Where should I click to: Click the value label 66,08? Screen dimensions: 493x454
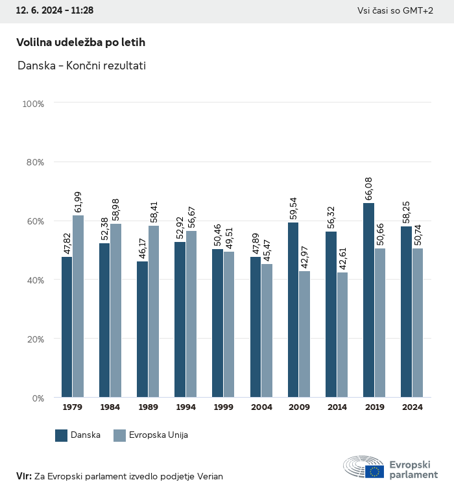click(x=368, y=188)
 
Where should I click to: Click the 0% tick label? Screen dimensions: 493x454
click(x=37, y=398)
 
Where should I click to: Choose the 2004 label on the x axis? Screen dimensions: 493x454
click(x=261, y=407)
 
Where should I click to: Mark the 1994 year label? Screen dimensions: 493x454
click(x=186, y=407)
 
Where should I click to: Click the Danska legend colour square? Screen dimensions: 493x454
click(x=62, y=435)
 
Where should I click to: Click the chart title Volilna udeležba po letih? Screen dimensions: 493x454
click(x=80, y=42)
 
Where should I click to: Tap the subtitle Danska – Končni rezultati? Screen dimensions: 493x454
click(x=82, y=66)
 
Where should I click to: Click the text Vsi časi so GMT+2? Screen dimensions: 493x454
click(x=395, y=11)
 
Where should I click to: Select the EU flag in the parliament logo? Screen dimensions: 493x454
click(x=374, y=472)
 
